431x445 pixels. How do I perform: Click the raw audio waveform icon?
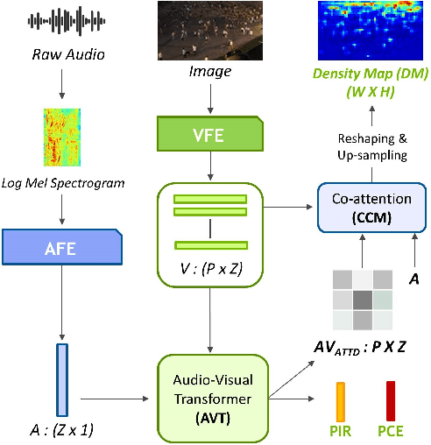(60, 21)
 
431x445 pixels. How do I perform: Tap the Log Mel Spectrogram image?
(60, 138)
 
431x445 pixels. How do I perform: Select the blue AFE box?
(60, 249)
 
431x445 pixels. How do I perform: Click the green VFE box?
(211, 134)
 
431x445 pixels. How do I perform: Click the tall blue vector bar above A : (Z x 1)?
(62, 379)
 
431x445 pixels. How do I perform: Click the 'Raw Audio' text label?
(60, 54)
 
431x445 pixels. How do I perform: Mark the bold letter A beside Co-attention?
(414, 278)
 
